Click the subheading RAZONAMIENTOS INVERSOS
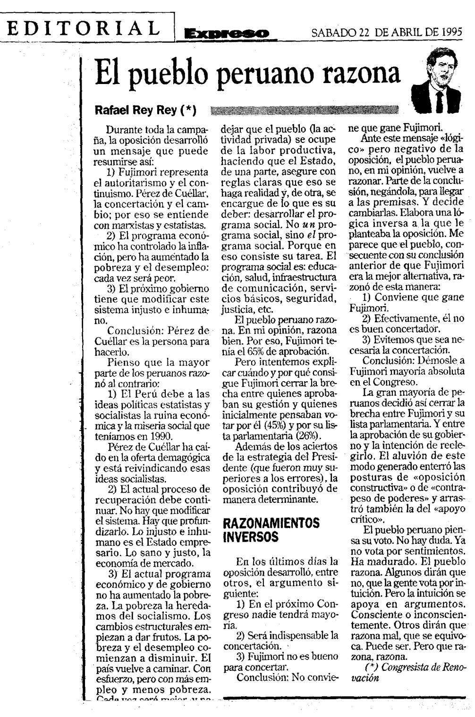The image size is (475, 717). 271,530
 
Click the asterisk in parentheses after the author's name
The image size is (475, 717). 188,110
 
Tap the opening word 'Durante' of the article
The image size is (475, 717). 123,130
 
